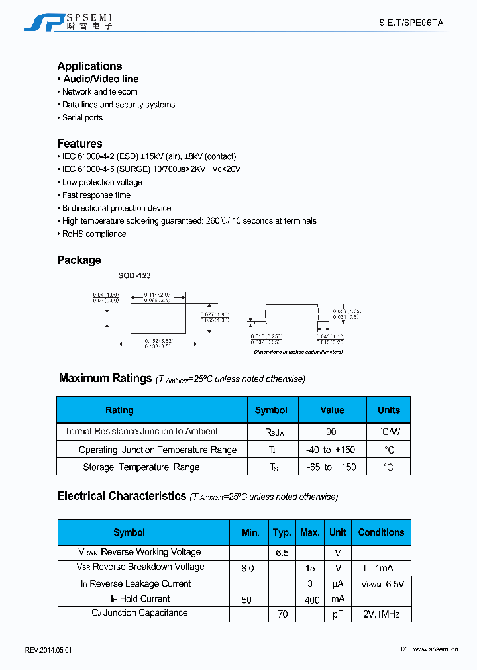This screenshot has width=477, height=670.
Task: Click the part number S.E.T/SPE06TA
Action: pos(411,23)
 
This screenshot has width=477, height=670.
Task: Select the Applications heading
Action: pos(89,66)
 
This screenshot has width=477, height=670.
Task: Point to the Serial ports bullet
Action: pos(82,117)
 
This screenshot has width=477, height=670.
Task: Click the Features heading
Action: pos(79,144)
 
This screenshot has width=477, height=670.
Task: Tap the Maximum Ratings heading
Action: pos(105,378)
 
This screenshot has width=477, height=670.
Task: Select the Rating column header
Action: pos(119,410)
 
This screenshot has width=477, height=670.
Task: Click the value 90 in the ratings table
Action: pos(331,432)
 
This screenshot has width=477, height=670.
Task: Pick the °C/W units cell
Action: pos(389,432)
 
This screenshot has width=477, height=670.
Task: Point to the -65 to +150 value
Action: pos(331,467)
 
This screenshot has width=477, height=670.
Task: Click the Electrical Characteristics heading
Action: pos(121,496)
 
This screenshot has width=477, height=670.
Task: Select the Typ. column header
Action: pos(282,532)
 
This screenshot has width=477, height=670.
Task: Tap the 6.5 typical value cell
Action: pos(282,552)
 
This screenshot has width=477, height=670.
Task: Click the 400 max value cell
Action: pos(309,600)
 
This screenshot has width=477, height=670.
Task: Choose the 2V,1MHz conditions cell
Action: pos(381,614)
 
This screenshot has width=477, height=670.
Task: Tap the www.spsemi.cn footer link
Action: pos(435,650)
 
